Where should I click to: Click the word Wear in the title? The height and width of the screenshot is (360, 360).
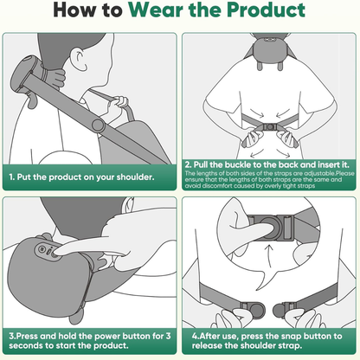pos(157,10)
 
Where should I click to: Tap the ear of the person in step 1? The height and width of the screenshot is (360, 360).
pos(80,60)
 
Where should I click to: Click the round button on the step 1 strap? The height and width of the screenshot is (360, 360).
pos(98,125)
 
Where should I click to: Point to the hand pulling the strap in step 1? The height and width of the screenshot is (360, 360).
pos(118,105)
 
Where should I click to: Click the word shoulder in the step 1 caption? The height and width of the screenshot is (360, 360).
pos(135,177)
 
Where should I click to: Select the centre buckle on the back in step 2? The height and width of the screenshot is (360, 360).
pos(270,126)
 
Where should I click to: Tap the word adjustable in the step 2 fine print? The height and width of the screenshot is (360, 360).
pos(319,173)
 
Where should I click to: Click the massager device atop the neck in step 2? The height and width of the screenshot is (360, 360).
pos(270,50)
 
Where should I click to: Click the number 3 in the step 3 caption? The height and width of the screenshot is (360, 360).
pos(168,336)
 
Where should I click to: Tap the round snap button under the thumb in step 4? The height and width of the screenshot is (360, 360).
pos(270,228)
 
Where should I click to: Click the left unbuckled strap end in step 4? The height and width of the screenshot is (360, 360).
pos(254,310)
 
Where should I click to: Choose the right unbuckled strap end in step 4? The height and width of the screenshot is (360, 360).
pos(284,310)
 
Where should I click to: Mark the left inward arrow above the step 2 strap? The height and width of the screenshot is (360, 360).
pos(257,113)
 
